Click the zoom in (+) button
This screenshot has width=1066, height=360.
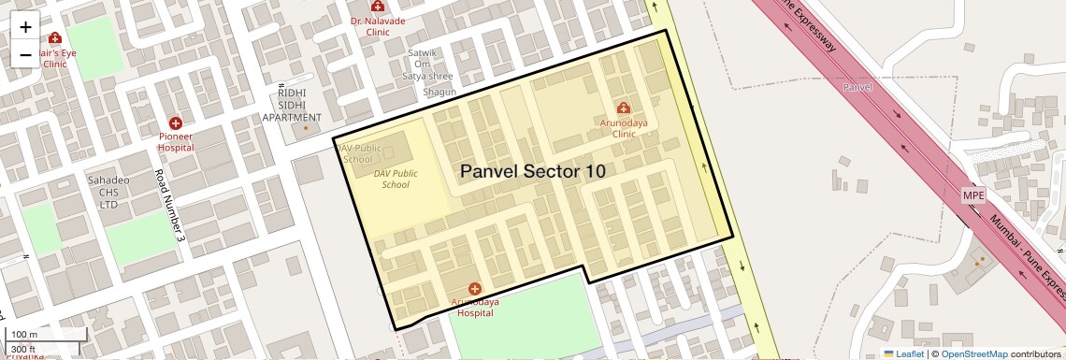pyautogui.click(x=25, y=26)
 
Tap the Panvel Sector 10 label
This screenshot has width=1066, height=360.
pyautogui.click(x=532, y=172)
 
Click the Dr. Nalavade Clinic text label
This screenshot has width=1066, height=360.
pyautogui.click(x=377, y=25)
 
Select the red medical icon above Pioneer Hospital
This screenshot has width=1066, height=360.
pyautogui.click(x=175, y=123)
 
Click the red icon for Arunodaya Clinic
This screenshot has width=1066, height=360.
pyautogui.click(x=624, y=109)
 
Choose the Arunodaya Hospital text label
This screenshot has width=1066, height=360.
pyautogui.click(x=474, y=308)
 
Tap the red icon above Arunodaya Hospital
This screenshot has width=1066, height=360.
pyautogui.click(x=474, y=290)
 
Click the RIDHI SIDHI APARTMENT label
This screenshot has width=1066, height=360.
pyautogui.click(x=291, y=106)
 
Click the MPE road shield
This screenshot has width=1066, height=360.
pyautogui.click(x=973, y=194)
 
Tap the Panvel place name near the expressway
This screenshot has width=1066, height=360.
pyautogui.click(x=857, y=87)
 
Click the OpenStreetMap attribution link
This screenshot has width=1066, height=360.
pyautogui.click(x=973, y=353)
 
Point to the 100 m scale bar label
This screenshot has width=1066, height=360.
pyautogui.click(x=24, y=335)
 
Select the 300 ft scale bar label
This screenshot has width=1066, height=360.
pyautogui.click(x=24, y=350)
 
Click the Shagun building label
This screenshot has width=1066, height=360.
pyautogui.click(x=439, y=92)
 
